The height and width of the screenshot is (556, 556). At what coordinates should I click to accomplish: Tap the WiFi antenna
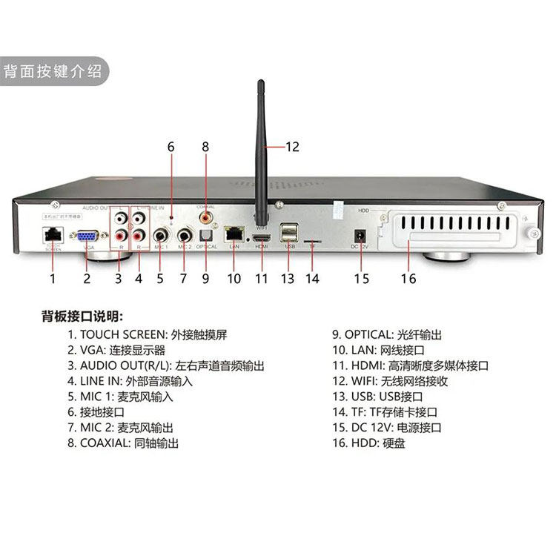tap(261, 148)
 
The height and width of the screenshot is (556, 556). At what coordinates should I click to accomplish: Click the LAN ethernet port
tap(235, 234)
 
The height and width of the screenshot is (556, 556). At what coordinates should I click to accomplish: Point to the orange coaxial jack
tap(205, 217)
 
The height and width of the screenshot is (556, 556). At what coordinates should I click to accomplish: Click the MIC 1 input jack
tap(160, 236)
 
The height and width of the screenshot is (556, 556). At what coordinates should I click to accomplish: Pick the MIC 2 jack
tap(184, 237)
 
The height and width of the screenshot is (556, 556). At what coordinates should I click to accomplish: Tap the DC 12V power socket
tap(363, 238)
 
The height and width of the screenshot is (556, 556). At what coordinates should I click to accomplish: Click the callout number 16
tap(408, 279)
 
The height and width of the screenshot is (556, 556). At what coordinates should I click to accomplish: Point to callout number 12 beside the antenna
tap(292, 147)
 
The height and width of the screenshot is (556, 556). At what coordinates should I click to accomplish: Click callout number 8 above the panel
tap(205, 147)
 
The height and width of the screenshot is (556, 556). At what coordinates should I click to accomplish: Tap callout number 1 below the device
tap(53, 279)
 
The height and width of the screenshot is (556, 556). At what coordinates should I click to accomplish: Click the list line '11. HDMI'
tap(410, 365)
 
